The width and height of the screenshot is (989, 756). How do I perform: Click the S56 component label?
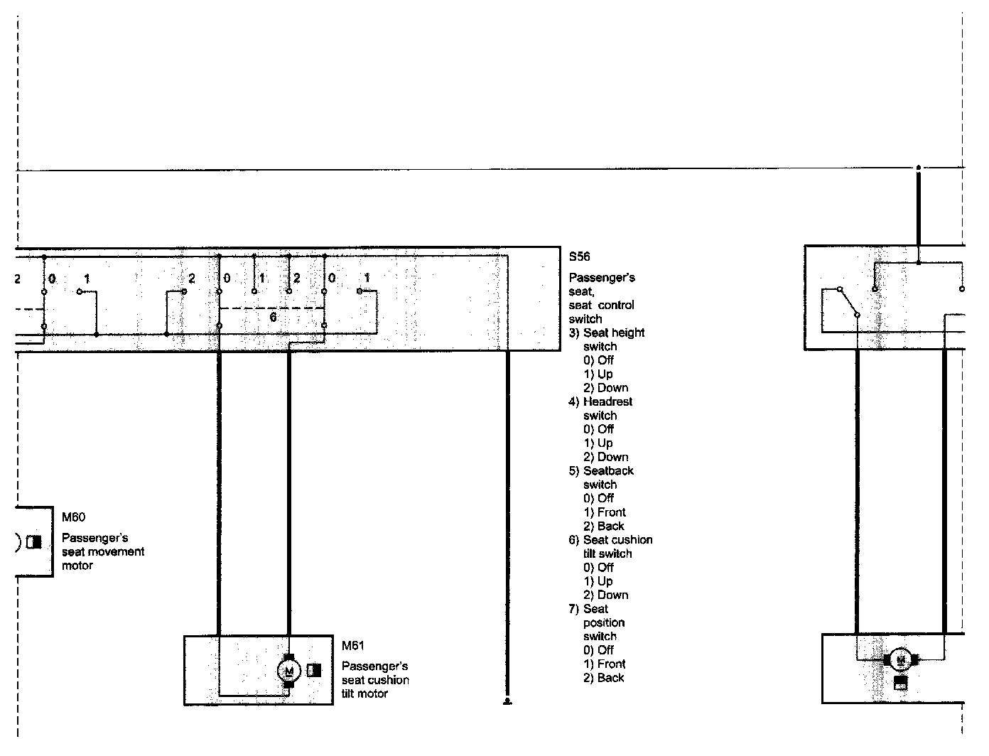(x=579, y=256)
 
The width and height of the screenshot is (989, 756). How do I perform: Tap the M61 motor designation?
(x=352, y=646)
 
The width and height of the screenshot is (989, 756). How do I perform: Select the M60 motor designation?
(x=73, y=517)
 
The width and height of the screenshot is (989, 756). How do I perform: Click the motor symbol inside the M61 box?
(x=288, y=670)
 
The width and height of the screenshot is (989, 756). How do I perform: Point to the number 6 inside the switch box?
(x=273, y=318)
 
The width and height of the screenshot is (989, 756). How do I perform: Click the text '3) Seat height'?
(x=607, y=333)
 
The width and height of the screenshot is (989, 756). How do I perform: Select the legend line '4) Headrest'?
(x=600, y=401)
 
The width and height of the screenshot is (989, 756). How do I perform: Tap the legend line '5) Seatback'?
(x=601, y=470)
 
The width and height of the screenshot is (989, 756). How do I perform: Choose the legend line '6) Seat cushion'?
(x=610, y=540)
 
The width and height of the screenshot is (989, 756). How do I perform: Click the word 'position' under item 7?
(x=604, y=622)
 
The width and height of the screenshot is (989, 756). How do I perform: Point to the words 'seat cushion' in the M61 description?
(x=375, y=680)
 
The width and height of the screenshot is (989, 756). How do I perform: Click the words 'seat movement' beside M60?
(x=103, y=551)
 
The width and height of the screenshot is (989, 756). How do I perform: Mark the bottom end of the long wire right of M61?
(x=507, y=701)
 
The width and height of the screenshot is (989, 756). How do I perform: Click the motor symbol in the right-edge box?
(x=901, y=660)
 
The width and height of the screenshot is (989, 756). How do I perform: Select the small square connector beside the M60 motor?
(x=33, y=541)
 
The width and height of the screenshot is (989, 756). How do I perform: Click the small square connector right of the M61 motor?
(x=314, y=669)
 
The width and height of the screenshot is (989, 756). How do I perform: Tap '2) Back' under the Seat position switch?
(x=604, y=678)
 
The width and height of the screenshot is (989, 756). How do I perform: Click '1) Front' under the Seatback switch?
(x=605, y=512)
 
